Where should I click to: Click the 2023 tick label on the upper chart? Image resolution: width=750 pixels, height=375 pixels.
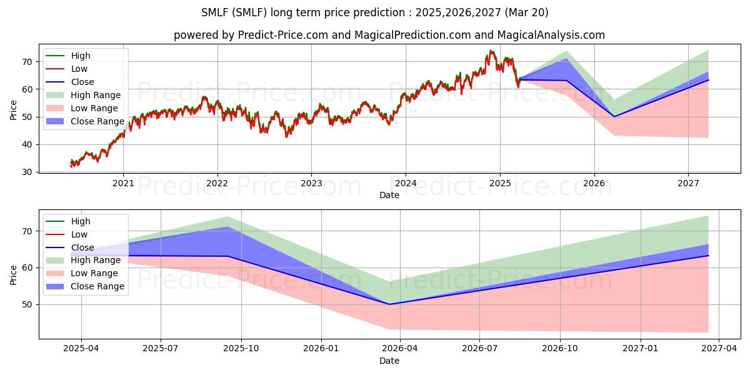point(311,183)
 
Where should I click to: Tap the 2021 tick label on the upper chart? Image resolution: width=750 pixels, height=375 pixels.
point(123,183)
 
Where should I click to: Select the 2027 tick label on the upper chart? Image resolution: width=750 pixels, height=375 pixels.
point(688,183)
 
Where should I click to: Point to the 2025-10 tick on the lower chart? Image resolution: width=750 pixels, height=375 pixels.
point(241,349)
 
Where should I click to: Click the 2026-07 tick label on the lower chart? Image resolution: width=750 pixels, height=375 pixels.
point(479,349)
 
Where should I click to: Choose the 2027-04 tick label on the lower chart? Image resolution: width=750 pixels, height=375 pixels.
point(719,349)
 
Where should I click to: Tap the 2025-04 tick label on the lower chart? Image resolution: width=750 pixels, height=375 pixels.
point(81,349)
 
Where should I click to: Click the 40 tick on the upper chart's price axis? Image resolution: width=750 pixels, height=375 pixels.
point(27,144)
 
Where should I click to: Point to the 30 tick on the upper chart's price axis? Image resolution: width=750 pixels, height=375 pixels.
point(27,172)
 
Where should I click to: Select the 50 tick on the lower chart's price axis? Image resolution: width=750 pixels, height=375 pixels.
point(27,305)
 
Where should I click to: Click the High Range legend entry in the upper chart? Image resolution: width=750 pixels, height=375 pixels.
point(83,95)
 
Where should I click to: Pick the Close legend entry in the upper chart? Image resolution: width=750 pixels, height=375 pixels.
point(69,82)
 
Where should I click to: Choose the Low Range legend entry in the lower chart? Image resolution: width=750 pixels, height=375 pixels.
point(82,273)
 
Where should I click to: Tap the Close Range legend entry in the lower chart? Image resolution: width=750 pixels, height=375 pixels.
point(85,286)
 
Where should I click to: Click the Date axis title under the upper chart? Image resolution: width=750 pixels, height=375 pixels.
point(389,195)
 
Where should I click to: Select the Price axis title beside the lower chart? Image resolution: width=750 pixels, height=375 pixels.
point(13,275)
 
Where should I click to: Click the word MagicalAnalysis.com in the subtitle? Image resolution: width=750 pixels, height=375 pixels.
point(551,35)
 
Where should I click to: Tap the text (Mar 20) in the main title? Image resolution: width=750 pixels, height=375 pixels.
point(526,12)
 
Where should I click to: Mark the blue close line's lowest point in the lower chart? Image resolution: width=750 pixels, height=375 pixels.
point(389,304)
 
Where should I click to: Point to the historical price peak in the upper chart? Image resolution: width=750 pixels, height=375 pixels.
point(491,50)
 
